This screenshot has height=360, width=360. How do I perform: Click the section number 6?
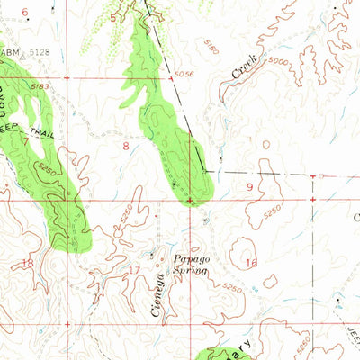point(25,12)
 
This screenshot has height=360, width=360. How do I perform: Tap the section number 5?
point(113,17)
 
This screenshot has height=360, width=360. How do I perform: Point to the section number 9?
point(249,186)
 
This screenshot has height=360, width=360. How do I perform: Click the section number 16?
point(251,263)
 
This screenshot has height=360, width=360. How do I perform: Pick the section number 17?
point(135,269)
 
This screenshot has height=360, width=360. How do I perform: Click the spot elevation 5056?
point(184,74)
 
